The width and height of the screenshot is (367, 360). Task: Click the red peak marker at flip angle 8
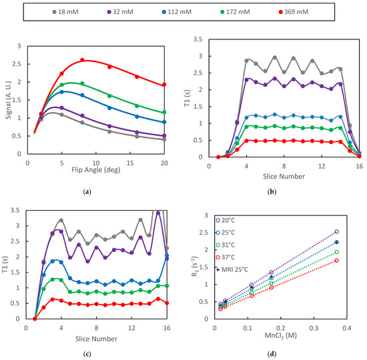pos(82,60)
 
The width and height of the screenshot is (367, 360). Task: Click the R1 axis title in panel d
pos(200,267)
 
